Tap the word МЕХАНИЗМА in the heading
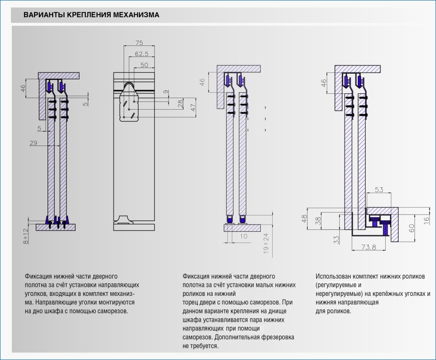coord(136,15)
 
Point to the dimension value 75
coord(139,42)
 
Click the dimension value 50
coord(144,64)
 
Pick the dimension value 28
coord(180,103)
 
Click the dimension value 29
coord(33,142)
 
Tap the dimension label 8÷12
coord(26,236)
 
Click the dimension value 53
coord(379,190)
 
